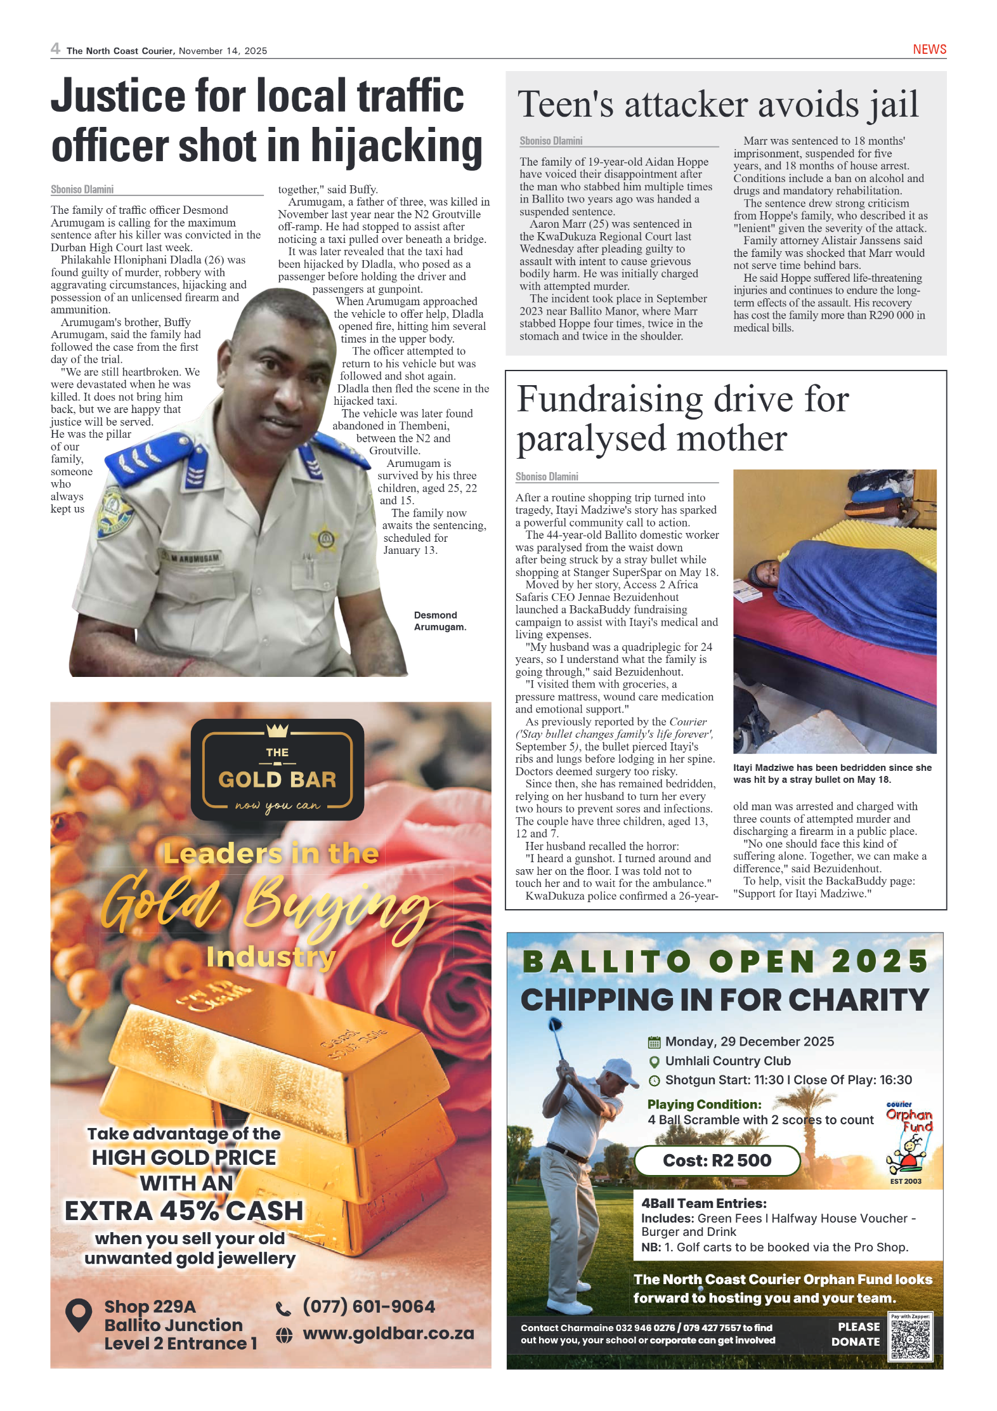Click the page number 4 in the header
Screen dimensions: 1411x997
click(x=56, y=49)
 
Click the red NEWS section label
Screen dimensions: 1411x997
click(x=929, y=49)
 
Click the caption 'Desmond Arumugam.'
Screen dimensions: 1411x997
click(x=440, y=621)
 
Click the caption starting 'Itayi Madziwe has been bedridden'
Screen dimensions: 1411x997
click(x=832, y=773)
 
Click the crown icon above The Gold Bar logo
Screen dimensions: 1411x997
click(x=277, y=730)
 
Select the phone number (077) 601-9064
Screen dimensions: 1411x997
click(x=368, y=1306)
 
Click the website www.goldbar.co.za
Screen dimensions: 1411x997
click(x=388, y=1333)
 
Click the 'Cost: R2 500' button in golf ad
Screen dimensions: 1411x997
click(x=717, y=1160)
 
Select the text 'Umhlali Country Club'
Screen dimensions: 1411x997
click(x=727, y=1061)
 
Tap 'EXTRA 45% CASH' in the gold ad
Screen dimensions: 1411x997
click(x=184, y=1211)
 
